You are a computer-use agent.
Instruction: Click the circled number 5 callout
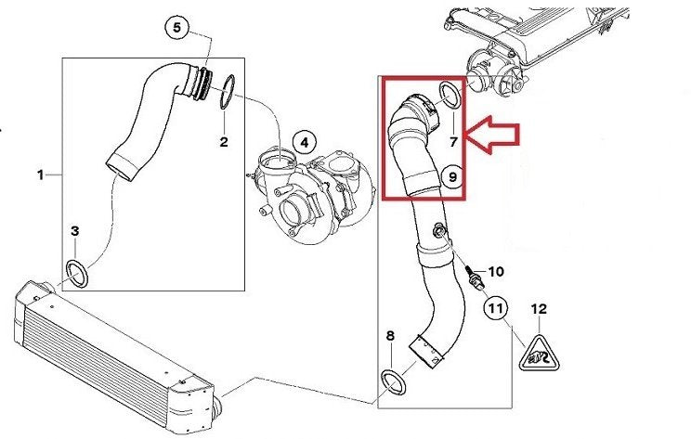coord(176,28)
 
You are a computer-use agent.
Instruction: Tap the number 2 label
coord(224,142)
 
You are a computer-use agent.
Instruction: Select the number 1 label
coord(41,175)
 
